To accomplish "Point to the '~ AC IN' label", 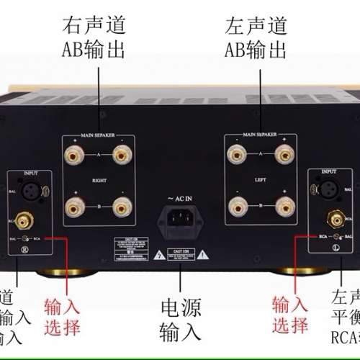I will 180,197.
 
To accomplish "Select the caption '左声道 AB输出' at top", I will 255,37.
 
